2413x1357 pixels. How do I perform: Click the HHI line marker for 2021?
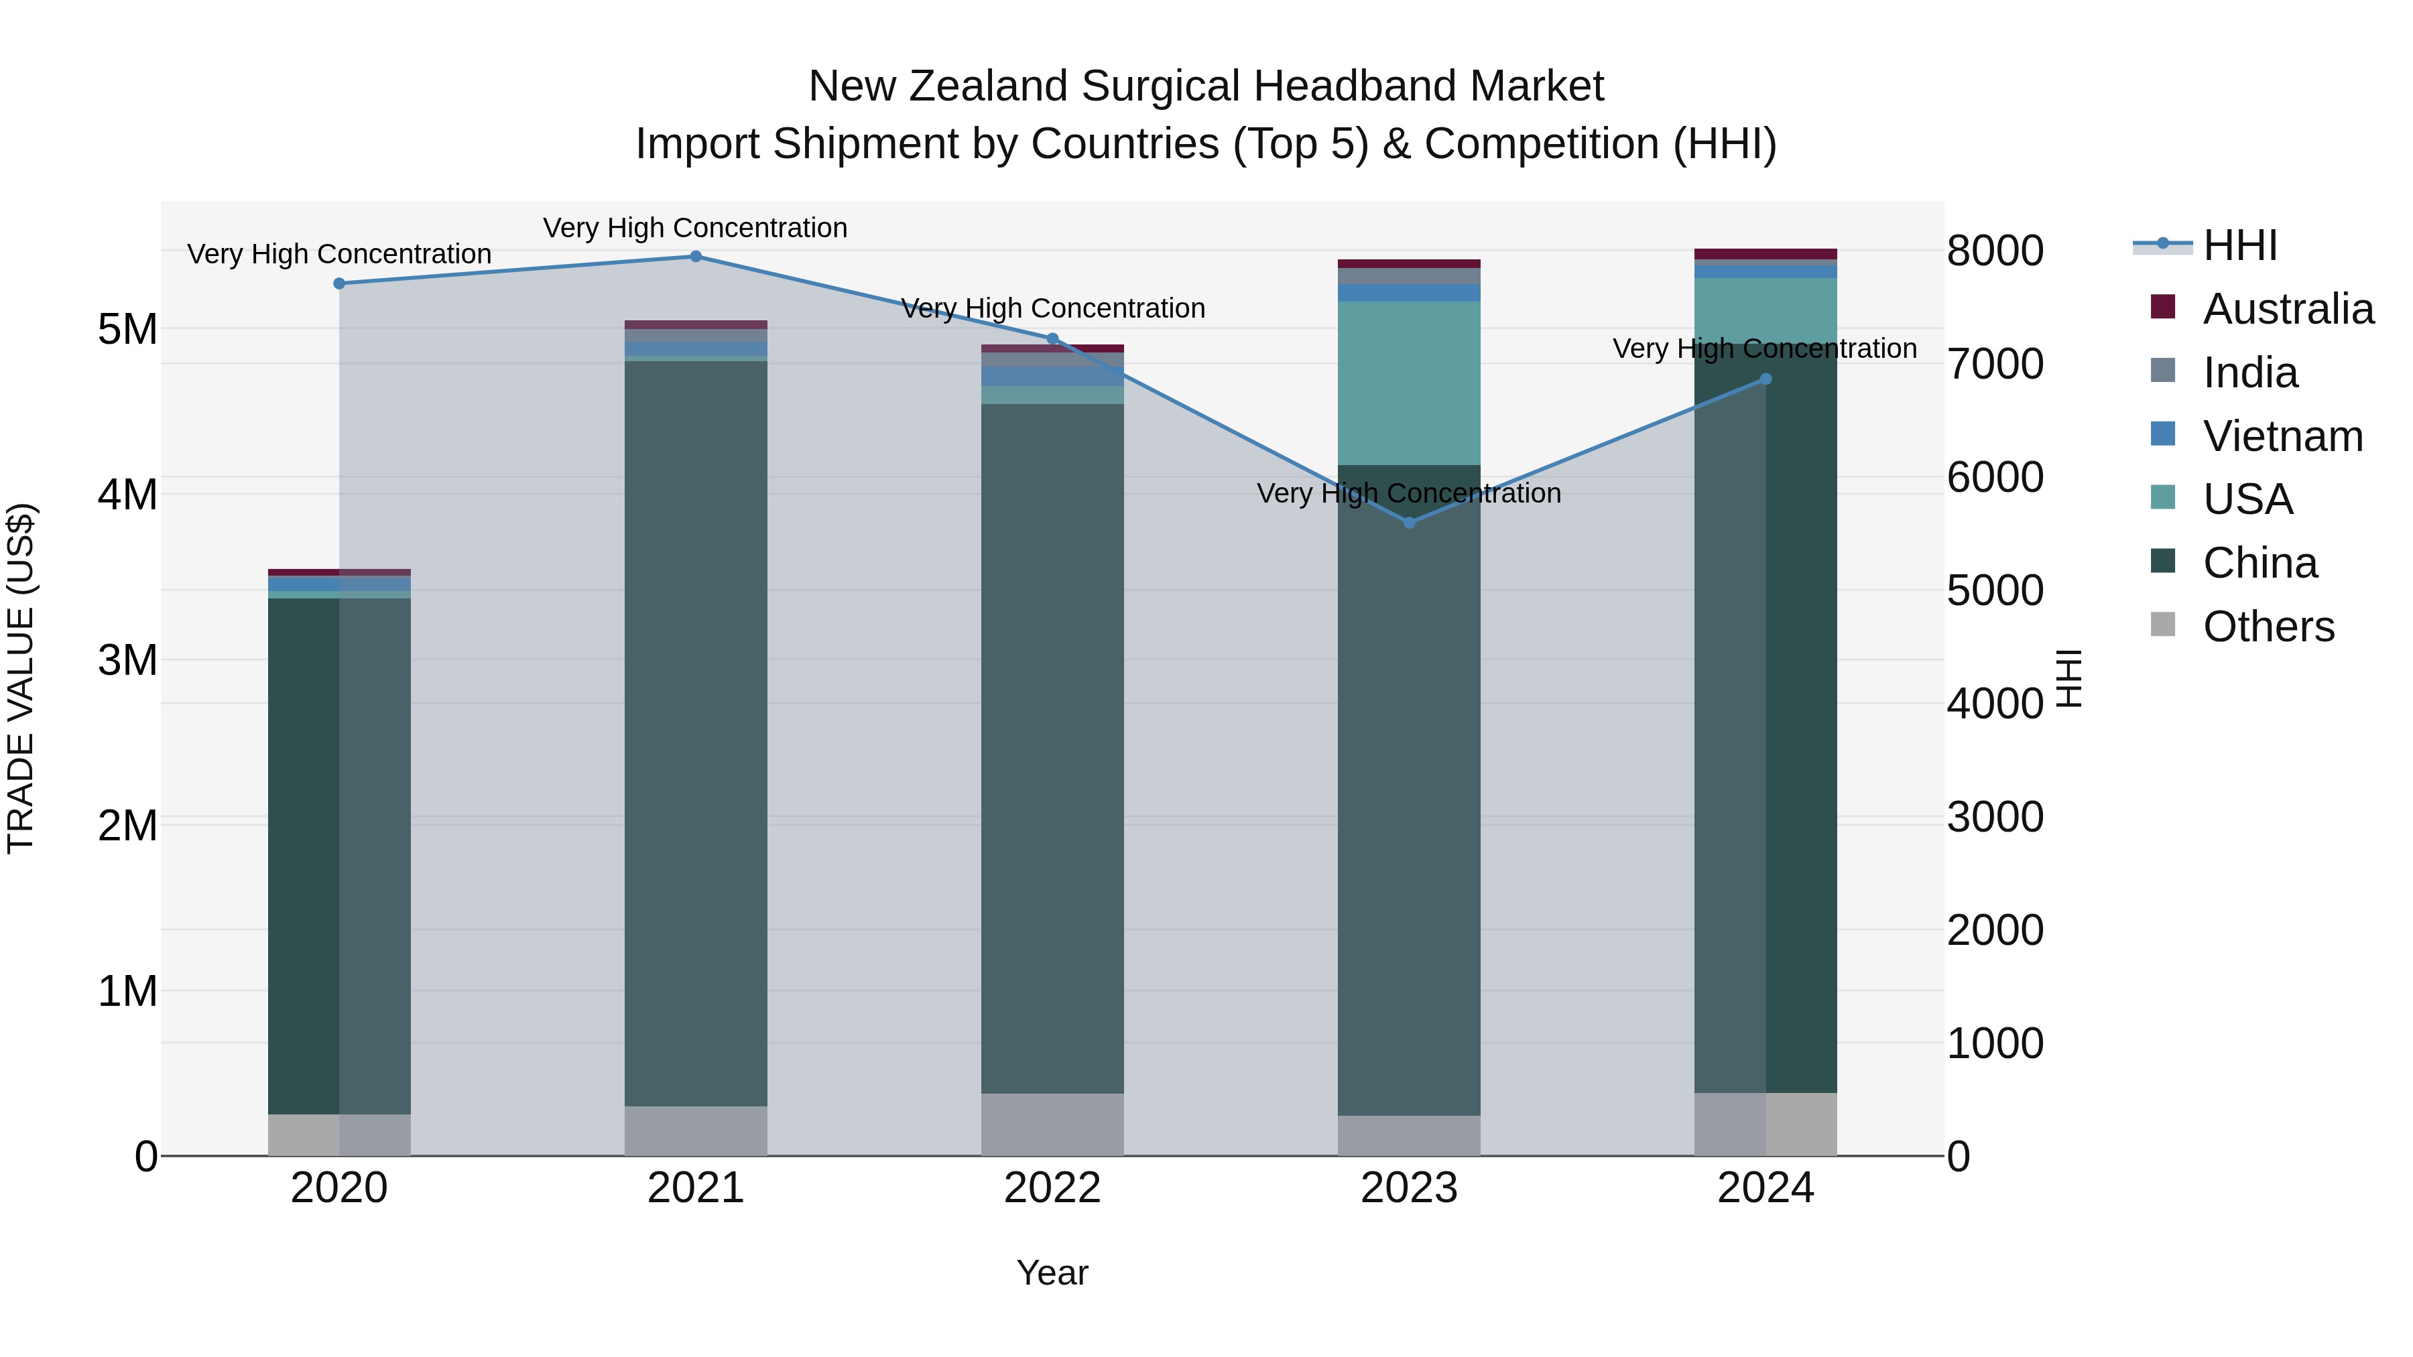coord(695,257)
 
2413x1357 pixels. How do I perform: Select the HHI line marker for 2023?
coord(1409,523)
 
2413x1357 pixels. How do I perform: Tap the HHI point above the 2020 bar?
coord(339,283)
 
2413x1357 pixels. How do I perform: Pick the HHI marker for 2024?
coord(1766,379)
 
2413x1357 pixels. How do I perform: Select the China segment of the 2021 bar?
coord(695,730)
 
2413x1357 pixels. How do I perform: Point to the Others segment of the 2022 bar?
coord(1052,1124)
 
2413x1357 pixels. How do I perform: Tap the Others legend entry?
coord(2268,627)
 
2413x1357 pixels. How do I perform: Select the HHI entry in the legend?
coord(2239,245)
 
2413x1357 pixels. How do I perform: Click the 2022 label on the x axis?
coord(1052,1188)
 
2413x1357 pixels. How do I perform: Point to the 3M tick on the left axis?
coord(127,660)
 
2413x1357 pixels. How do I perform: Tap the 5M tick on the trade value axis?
coord(127,330)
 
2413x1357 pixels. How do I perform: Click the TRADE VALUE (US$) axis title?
coord(21,678)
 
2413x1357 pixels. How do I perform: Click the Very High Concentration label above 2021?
coord(695,228)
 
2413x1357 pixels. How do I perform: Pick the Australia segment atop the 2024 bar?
coord(1766,254)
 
